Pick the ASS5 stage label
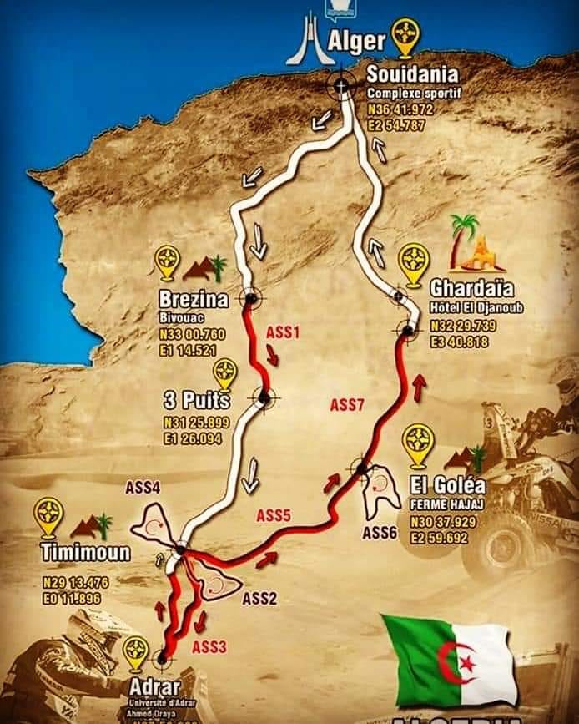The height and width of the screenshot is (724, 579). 273,514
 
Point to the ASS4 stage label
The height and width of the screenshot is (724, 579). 143,489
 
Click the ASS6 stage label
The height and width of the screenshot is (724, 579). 380,533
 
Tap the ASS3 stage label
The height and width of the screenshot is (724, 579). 209,646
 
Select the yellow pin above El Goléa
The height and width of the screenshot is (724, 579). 417,443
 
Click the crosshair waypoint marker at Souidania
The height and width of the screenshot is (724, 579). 341,84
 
